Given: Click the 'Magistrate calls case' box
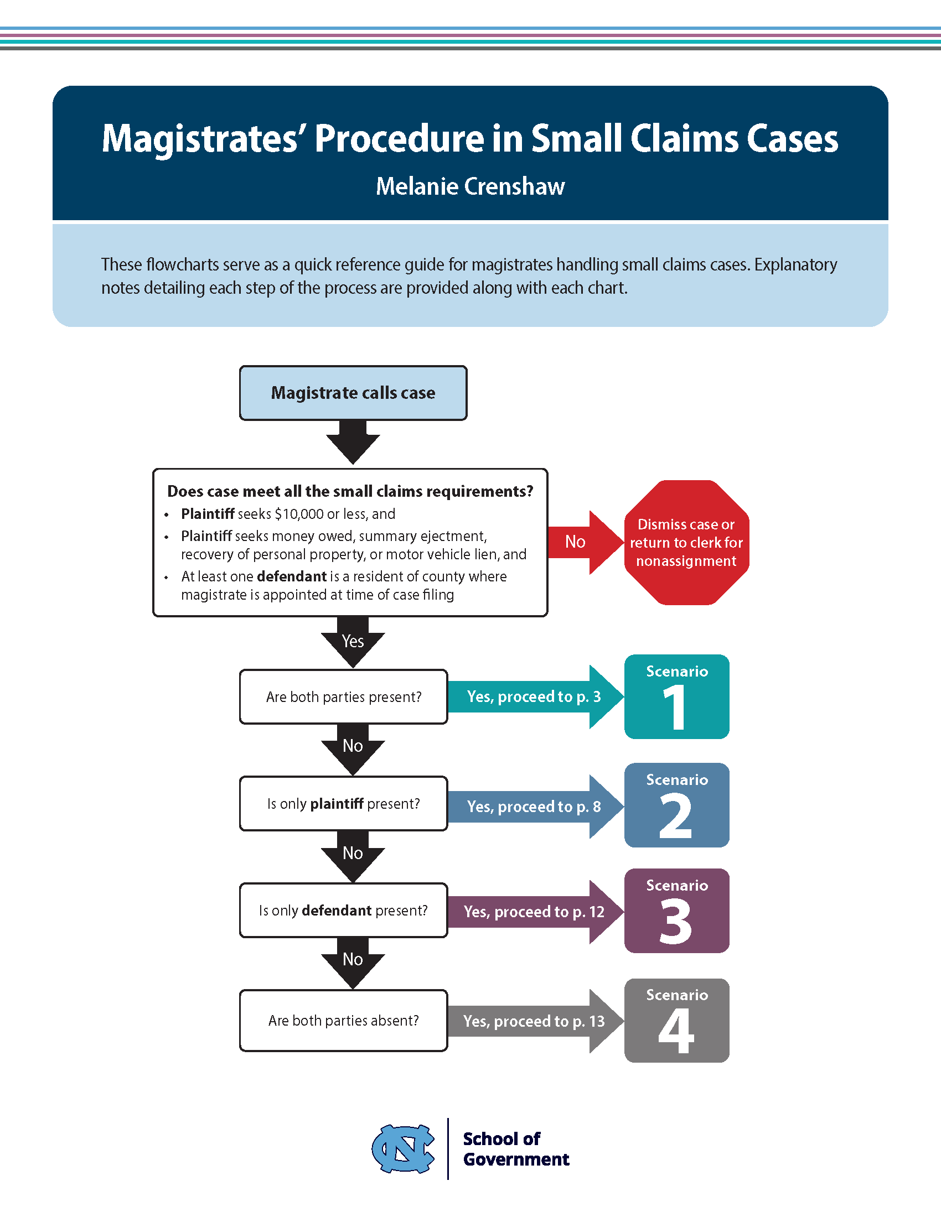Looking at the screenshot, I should [x=353, y=393].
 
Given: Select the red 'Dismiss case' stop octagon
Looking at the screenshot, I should [x=686, y=542].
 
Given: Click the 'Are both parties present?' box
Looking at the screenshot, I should [x=343, y=696].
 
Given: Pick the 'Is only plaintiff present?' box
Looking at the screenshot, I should [x=343, y=804].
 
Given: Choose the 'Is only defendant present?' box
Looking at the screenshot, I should [x=343, y=911].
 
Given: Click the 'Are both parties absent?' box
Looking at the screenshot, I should [x=343, y=1020].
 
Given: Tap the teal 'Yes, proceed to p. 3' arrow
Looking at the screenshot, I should [x=534, y=696].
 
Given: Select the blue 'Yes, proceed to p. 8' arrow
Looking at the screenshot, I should [x=534, y=807].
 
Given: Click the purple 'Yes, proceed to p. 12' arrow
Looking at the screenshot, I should [x=534, y=912].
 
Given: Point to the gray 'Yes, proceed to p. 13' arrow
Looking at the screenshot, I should [x=534, y=1021].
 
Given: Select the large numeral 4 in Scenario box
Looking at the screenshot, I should [x=676, y=1032].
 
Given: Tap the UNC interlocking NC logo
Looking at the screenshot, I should [x=403, y=1148].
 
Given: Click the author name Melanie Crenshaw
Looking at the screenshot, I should [x=470, y=186].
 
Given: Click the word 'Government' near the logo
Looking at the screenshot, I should [x=516, y=1159].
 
